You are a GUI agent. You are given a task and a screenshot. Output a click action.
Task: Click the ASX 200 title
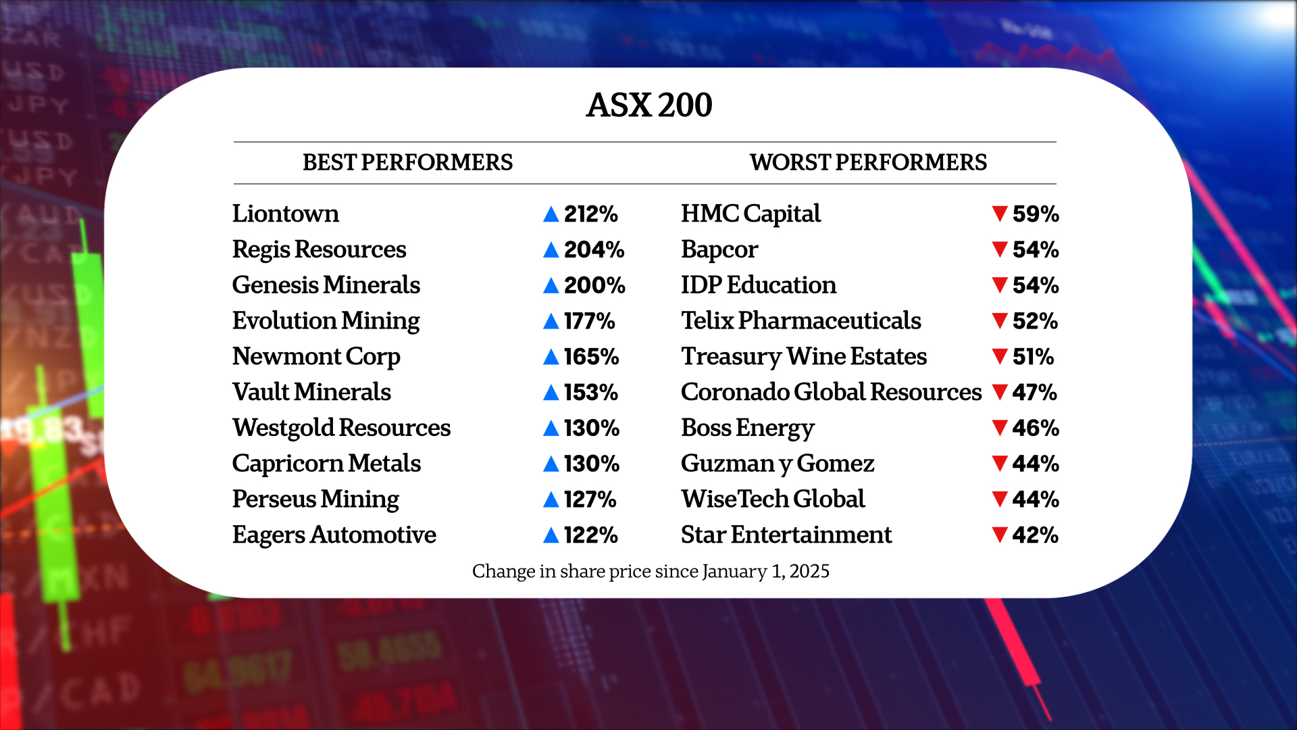click(x=648, y=105)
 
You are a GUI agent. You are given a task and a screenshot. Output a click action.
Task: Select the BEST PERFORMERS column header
click(x=407, y=163)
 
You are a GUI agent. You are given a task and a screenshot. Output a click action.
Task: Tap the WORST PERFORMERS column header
click(x=868, y=163)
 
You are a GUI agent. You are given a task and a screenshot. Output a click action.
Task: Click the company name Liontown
click(x=285, y=214)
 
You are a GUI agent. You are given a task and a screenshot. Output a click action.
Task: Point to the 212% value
click(x=590, y=214)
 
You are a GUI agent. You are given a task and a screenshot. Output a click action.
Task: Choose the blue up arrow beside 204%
click(x=551, y=250)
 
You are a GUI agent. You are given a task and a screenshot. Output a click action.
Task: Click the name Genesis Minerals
click(x=326, y=285)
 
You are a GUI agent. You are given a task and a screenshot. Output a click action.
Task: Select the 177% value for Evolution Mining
click(x=589, y=321)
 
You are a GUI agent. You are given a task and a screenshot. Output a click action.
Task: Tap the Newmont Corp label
click(x=316, y=356)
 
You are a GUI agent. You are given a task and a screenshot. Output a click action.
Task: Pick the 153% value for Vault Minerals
click(x=590, y=393)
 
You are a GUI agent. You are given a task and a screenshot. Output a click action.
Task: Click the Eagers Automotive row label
click(x=334, y=535)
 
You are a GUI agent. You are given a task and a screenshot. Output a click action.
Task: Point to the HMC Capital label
click(x=751, y=214)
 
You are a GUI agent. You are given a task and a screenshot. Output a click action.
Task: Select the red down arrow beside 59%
click(x=1000, y=214)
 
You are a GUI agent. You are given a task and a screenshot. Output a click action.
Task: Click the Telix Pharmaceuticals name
click(x=800, y=320)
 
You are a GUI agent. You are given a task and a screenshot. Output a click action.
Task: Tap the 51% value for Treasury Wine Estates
click(x=1033, y=357)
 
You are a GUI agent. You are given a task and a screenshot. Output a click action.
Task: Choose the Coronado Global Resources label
click(x=831, y=392)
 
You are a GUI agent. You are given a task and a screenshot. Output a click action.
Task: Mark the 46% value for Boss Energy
click(x=1035, y=429)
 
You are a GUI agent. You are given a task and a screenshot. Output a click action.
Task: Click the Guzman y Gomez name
click(x=778, y=464)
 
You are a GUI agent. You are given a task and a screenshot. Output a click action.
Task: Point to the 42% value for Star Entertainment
click(x=1035, y=535)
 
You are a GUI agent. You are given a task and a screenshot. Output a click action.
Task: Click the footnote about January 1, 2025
click(x=650, y=572)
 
